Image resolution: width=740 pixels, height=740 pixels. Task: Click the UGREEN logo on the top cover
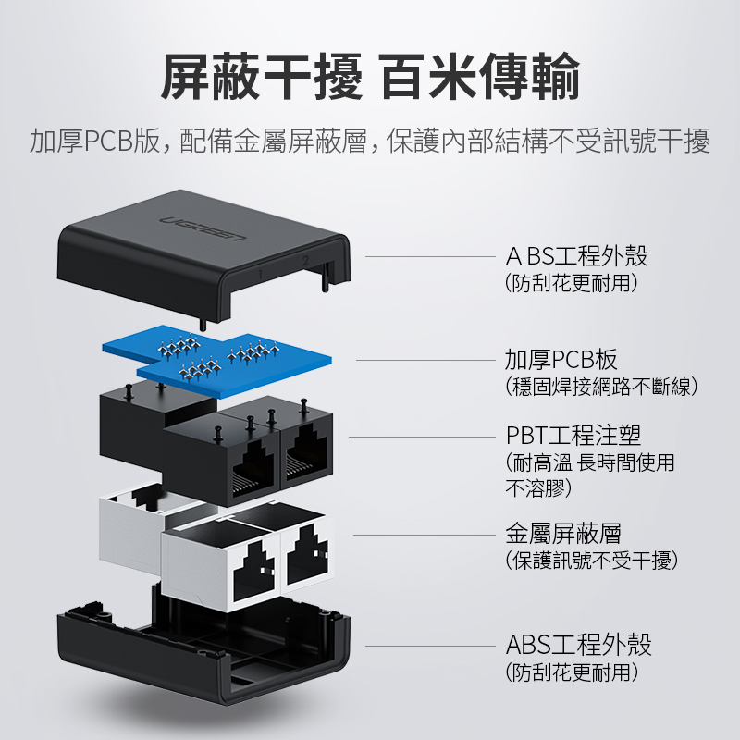(203, 227)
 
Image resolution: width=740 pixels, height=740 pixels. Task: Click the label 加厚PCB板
(561, 360)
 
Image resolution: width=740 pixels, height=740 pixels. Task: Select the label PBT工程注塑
(573, 435)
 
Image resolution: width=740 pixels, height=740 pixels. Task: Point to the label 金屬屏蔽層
(563, 534)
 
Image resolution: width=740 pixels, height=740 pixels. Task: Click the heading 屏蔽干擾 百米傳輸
(370, 76)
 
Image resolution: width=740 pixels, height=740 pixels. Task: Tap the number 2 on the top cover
(305, 260)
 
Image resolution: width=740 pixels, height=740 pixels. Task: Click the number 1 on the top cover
(260, 274)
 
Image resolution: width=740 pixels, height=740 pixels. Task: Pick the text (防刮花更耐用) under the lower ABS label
(571, 672)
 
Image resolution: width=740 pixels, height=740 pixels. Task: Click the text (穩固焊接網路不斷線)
(600, 387)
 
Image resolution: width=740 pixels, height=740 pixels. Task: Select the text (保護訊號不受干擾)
(591, 561)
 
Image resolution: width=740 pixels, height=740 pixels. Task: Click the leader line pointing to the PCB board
(426, 360)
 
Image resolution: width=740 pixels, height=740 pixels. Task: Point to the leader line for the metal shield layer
(425, 536)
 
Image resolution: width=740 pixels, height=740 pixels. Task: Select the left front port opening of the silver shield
(253, 570)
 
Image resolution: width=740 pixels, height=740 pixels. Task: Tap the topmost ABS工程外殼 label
(576, 256)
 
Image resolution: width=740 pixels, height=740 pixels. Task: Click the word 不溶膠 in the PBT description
(538, 488)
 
